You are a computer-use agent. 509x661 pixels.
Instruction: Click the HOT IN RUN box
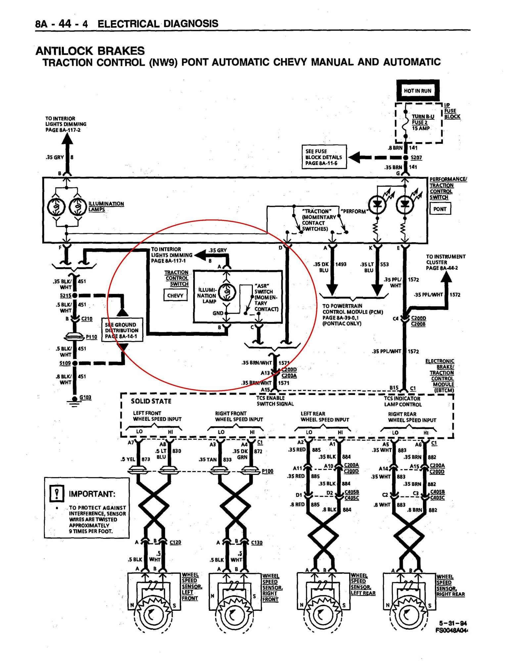click(418, 91)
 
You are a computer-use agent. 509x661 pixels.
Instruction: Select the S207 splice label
click(416, 158)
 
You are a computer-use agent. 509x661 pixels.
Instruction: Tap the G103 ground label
click(85, 397)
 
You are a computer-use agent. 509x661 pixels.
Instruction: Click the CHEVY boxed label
click(175, 295)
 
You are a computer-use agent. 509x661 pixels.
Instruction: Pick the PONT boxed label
click(440, 209)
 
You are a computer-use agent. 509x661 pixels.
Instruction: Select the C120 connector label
click(175, 542)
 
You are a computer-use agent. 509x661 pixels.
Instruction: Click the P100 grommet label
click(267, 471)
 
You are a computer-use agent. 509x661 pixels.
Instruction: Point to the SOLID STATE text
click(151, 401)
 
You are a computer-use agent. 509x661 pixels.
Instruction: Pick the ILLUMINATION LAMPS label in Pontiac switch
click(106, 207)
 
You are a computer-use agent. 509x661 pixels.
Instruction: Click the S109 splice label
click(65, 363)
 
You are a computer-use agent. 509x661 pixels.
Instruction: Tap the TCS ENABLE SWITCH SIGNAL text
click(275, 401)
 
